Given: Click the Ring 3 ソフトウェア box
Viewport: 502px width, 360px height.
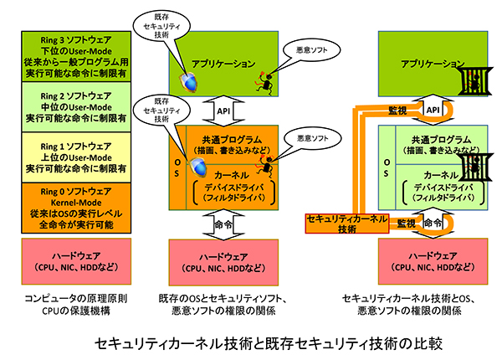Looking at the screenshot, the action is [x=76, y=56].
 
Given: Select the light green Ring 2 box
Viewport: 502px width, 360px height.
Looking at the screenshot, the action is [x=76, y=107].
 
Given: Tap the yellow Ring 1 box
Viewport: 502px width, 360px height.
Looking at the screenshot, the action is [x=76, y=157].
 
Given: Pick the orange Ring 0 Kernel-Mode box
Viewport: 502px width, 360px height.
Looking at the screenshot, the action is [x=76, y=208].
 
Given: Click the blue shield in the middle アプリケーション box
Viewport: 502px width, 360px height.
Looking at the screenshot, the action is [x=188, y=82].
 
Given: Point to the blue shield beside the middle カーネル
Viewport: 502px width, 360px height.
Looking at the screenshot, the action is [x=196, y=167].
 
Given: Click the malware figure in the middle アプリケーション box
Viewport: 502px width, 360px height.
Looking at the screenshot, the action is [x=264, y=82].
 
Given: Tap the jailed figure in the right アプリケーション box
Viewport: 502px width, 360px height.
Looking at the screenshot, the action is [x=474, y=81].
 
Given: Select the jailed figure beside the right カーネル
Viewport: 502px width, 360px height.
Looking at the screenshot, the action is [x=474, y=167].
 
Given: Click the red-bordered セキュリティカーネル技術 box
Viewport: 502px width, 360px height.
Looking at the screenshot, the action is [x=347, y=224].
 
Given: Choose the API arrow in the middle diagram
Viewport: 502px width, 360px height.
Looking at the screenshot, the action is [x=223, y=111].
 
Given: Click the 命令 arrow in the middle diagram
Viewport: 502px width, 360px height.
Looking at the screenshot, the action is [x=223, y=225].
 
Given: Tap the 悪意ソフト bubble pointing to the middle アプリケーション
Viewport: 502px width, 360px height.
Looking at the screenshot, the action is [x=311, y=50].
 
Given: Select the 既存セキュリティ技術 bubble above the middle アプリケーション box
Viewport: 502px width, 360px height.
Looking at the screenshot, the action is [x=161, y=26].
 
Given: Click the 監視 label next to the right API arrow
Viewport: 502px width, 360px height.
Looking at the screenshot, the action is [x=397, y=111].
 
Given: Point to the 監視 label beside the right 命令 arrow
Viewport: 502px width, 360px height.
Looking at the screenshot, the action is [x=407, y=224].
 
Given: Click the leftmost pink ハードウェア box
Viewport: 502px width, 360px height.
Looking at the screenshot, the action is [x=76, y=261].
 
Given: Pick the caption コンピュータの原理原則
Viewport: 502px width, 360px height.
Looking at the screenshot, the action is [x=76, y=299].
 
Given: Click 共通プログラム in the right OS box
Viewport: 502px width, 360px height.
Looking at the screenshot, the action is [x=442, y=140].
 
